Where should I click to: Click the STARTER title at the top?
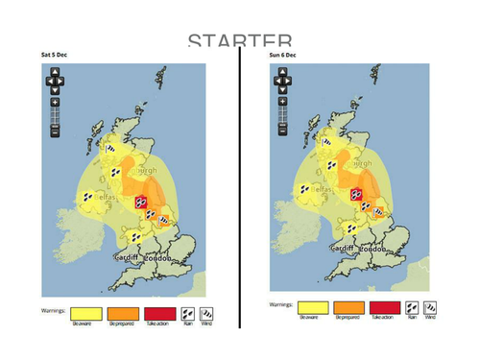click(x=240, y=41)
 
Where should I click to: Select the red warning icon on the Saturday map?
click(x=141, y=202)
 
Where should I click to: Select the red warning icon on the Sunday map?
click(x=355, y=194)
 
